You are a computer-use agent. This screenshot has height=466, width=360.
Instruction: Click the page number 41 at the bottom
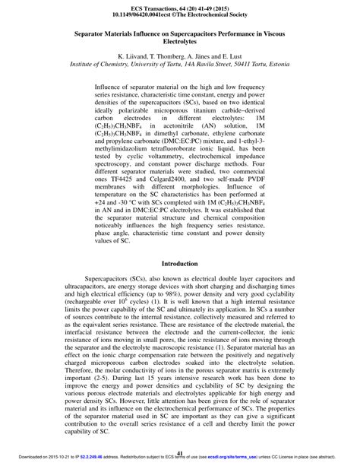(180, 454)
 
